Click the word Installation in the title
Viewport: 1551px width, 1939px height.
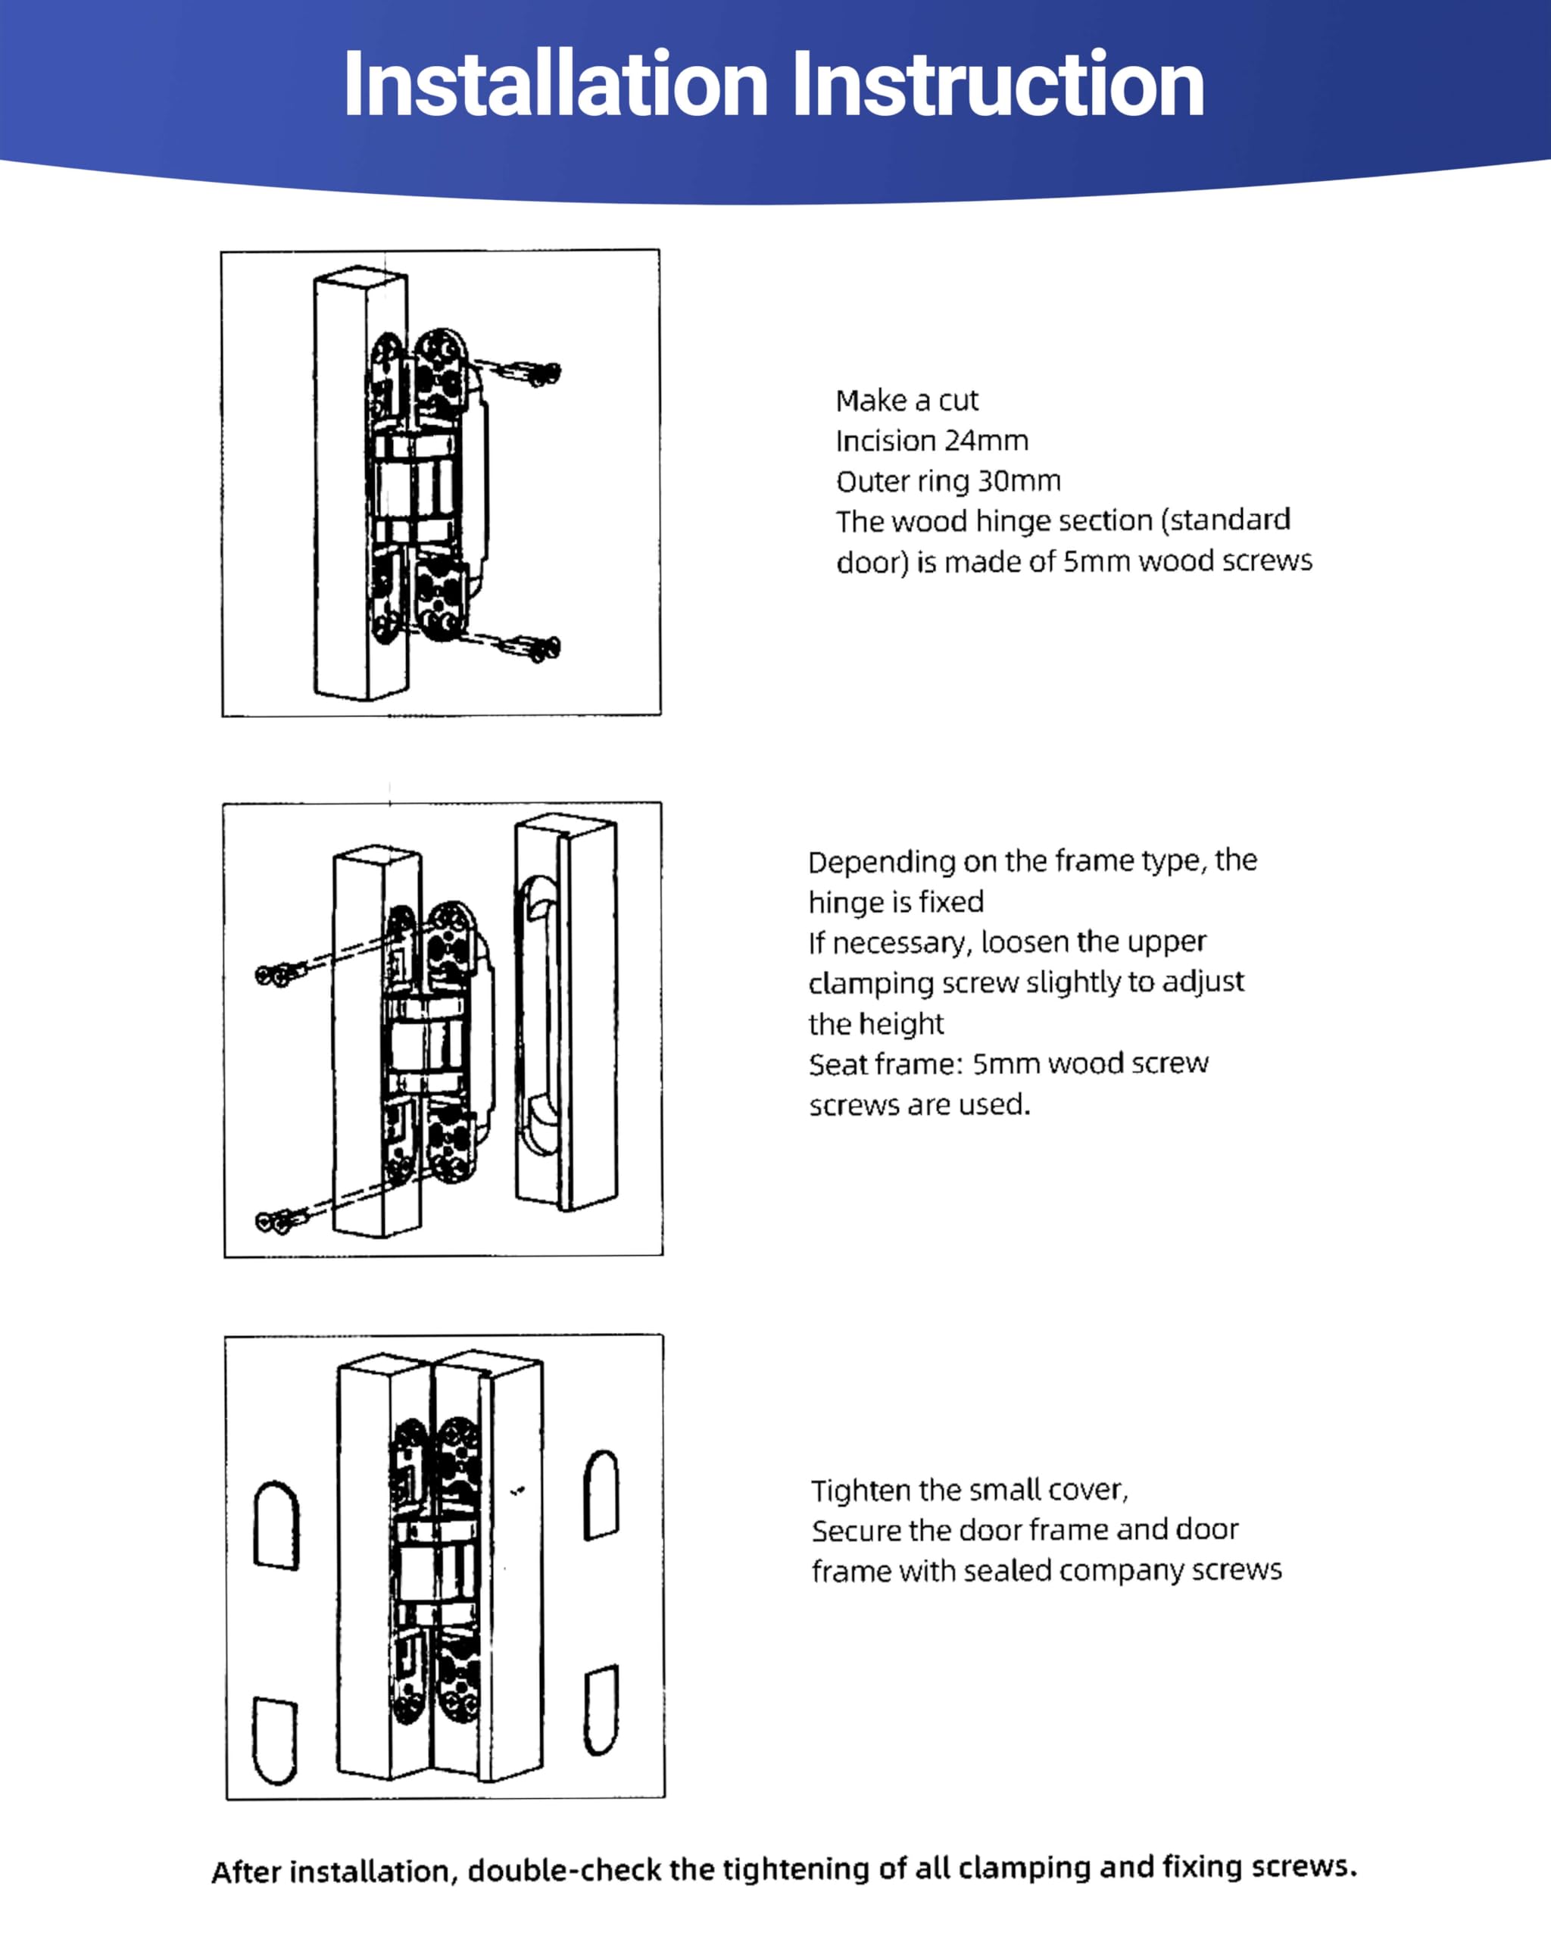pos(555,86)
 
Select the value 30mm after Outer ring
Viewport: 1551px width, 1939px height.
pos(1019,481)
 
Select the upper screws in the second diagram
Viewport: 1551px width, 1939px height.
pos(280,974)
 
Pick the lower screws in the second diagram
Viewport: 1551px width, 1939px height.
pos(280,1221)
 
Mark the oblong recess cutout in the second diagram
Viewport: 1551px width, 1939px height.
pos(537,1016)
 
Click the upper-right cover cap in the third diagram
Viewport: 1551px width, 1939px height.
pos(601,1494)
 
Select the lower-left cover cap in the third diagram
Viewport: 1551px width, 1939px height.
pos(274,1741)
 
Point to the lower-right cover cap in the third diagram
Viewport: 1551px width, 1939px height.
pos(601,1710)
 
